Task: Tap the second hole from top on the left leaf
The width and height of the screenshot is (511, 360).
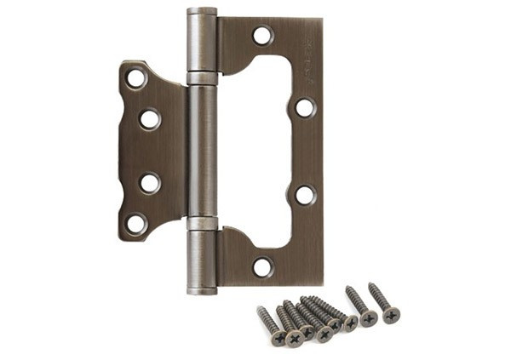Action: click(x=149, y=119)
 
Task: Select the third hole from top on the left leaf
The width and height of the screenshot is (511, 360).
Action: click(x=149, y=182)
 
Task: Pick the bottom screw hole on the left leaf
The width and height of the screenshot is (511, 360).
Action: click(x=135, y=223)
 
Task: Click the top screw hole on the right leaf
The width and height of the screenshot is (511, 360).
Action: click(x=262, y=36)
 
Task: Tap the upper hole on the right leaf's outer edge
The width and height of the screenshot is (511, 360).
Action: click(x=304, y=108)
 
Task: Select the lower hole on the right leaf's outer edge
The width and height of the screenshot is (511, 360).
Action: click(x=304, y=194)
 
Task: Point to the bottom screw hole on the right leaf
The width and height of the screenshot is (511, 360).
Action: click(x=262, y=266)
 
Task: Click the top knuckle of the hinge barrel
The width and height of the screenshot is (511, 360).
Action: click(x=202, y=40)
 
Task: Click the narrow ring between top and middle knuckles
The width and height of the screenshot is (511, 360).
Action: click(x=202, y=78)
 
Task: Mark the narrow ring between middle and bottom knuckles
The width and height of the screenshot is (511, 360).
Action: click(x=202, y=224)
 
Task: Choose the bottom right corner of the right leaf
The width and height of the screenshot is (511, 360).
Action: click(x=322, y=284)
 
